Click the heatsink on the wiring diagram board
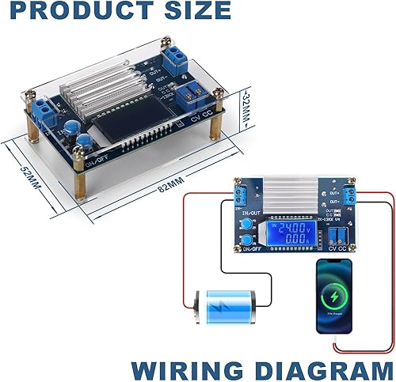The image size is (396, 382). click(290, 193)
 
